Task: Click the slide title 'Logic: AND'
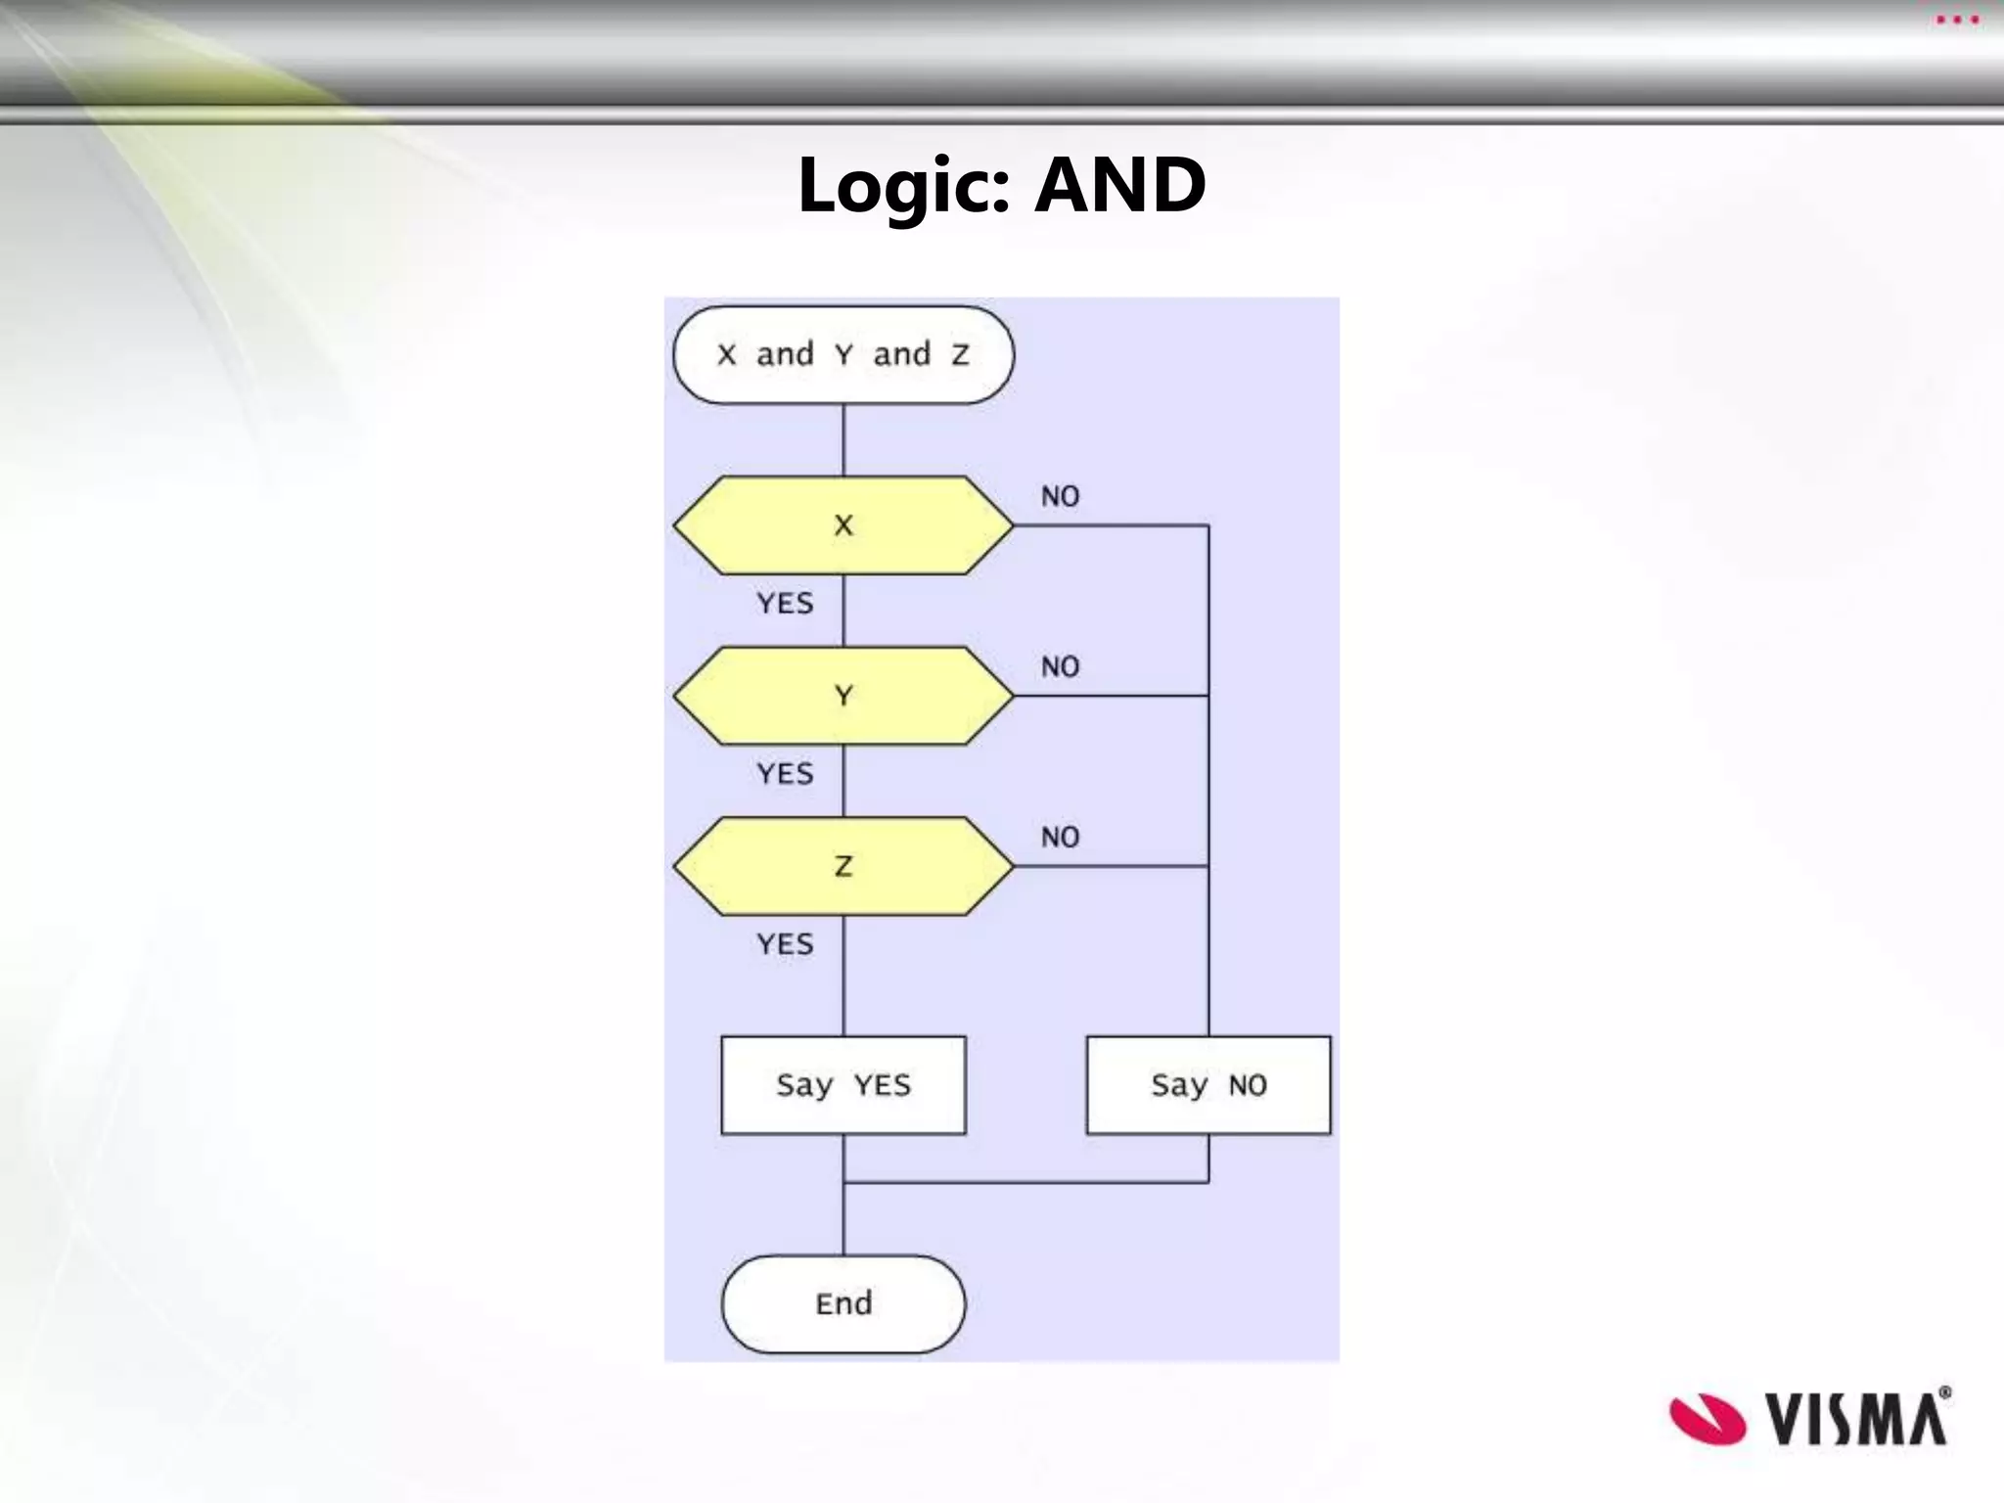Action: pos(1001,185)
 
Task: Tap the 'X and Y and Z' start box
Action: pos(843,354)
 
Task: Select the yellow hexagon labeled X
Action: pos(843,525)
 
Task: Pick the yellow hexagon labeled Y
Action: pos(843,696)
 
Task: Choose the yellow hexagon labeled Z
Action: pos(843,866)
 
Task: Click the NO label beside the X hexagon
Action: pos(1060,497)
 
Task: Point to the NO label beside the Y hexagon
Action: pos(1060,667)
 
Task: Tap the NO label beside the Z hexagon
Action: pos(1060,838)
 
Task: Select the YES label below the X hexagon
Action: pos(785,604)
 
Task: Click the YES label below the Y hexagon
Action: pos(785,774)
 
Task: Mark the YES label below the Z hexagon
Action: pos(785,944)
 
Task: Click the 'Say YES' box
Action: pos(843,1085)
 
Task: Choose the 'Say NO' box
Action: pos(1208,1085)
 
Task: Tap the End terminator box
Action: pos(843,1304)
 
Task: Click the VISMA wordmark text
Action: pos(1856,1419)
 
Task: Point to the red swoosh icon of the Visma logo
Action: pos(1707,1419)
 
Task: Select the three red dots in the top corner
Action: pos(1957,20)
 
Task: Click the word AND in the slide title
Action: pos(1120,185)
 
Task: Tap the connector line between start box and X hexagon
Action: pos(843,440)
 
